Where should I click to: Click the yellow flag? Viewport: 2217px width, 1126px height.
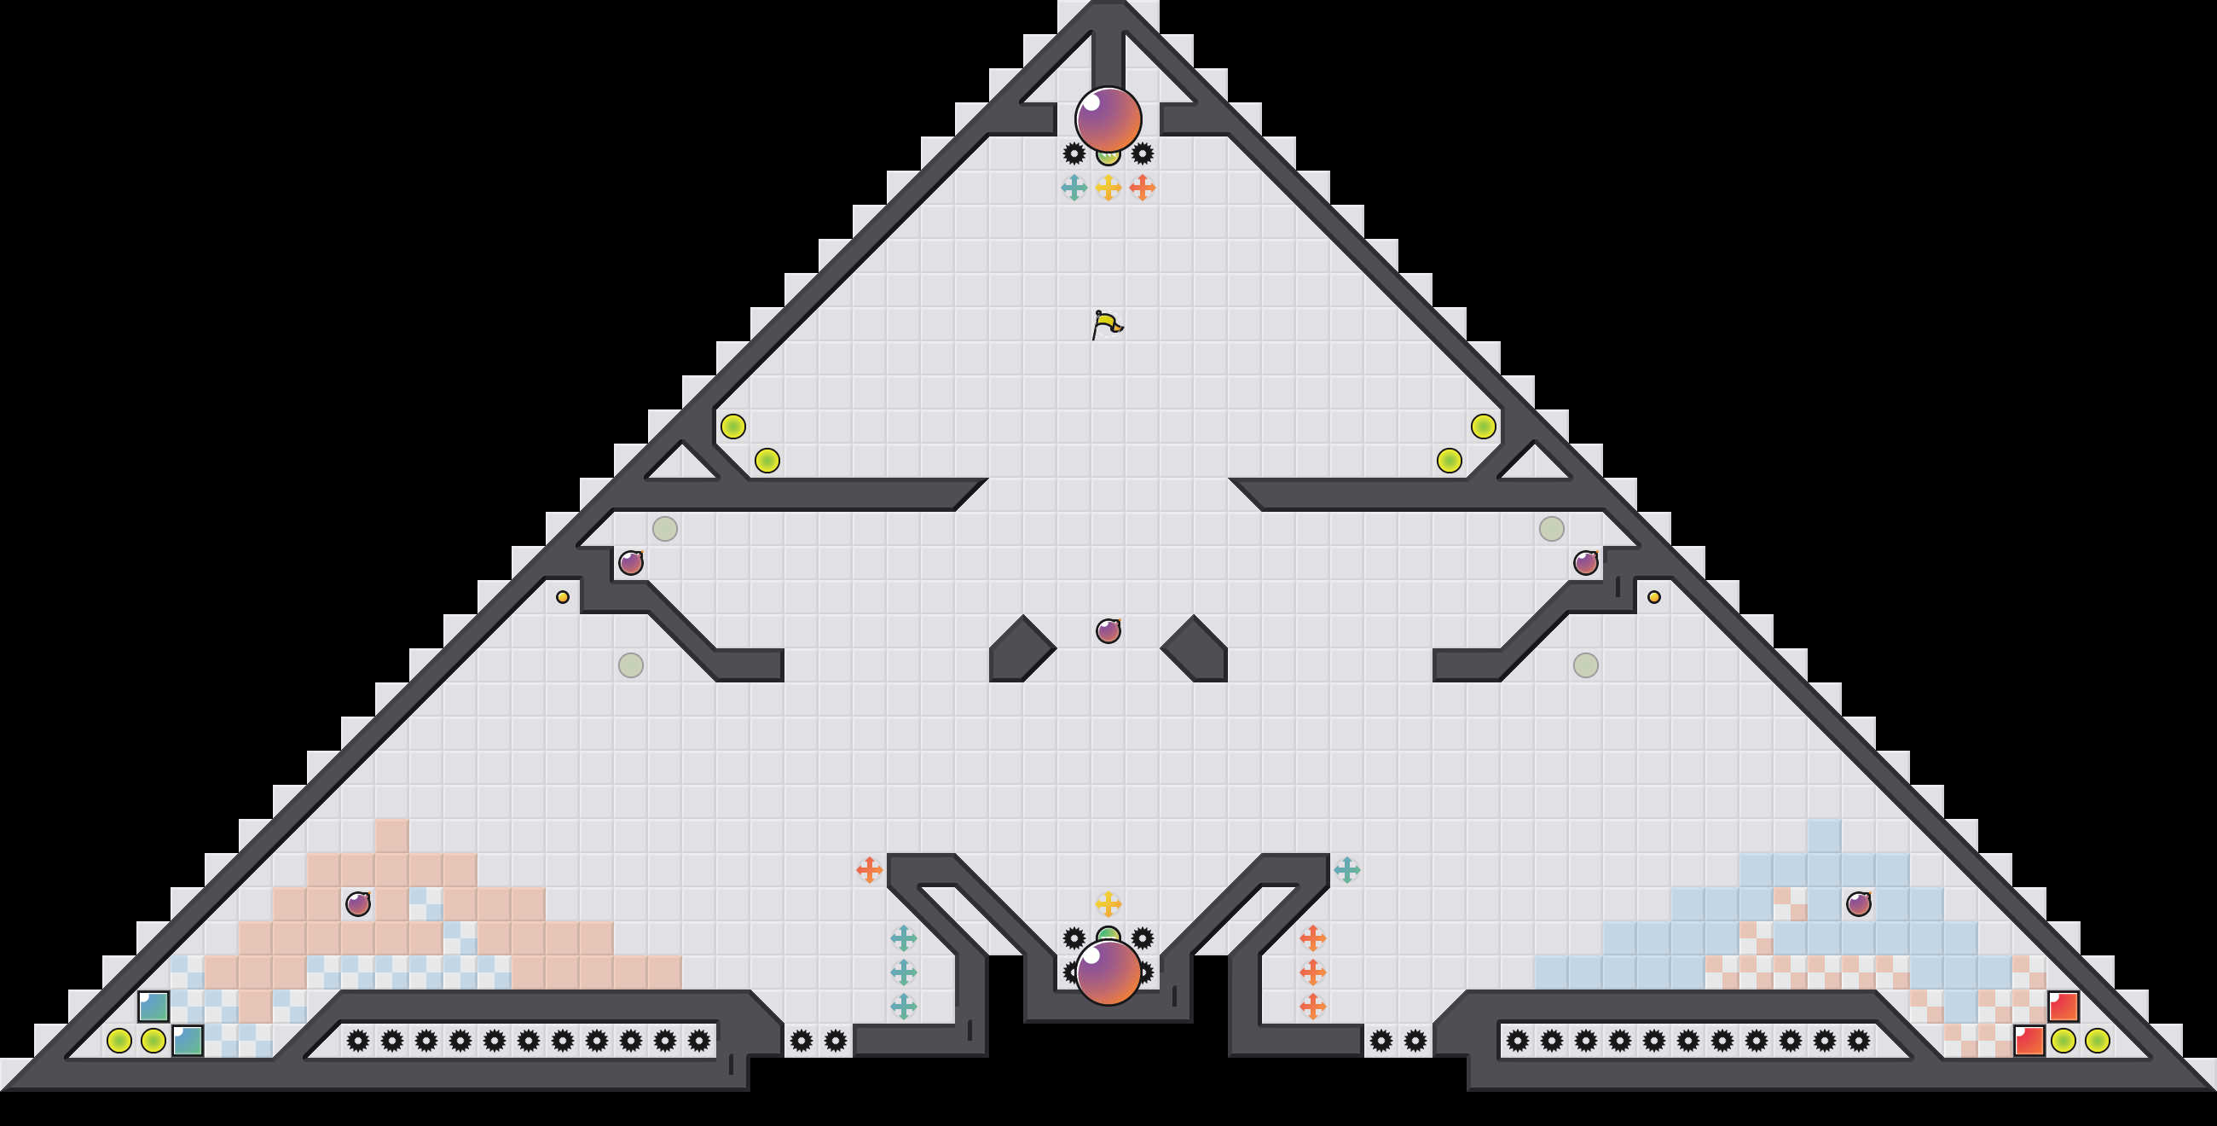tap(1107, 324)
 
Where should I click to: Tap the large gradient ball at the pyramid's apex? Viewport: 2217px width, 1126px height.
tap(1108, 119)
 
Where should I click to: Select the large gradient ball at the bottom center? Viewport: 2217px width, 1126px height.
tap(1108, 972)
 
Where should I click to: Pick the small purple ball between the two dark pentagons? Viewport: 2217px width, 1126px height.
tap(1108, 631)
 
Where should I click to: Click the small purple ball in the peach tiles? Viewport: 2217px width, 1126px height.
tap(358, 904)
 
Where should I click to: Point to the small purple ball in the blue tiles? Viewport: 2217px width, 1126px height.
tap(1859, 904)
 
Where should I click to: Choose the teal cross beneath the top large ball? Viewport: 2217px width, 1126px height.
tap(1074, 188)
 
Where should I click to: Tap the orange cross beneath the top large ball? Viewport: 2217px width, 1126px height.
tap(1142, 188)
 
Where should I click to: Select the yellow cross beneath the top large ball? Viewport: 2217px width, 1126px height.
tap(1108, 188)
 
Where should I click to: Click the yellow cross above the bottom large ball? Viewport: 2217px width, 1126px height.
tap(1108, 904)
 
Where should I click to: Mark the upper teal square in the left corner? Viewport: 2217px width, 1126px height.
tap(153, 1007)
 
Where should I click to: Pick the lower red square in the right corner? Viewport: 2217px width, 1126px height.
tap(2029, 1041)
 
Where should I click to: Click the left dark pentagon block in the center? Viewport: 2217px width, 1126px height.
tap(1020, 650)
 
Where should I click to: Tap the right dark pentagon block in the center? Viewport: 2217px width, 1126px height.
tap(1196, 650)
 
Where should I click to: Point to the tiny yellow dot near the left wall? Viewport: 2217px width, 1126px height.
tap(563, 597)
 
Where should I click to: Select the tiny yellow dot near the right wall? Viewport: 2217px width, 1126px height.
tap(1654, 597)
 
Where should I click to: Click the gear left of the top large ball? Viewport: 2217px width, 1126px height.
tap(1074, 154)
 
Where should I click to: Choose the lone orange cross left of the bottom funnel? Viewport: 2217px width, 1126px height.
tap(869, 870)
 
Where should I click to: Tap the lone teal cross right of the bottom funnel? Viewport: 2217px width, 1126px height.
tap(1347, 870)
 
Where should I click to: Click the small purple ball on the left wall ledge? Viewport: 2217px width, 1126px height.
tap(631, 563)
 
